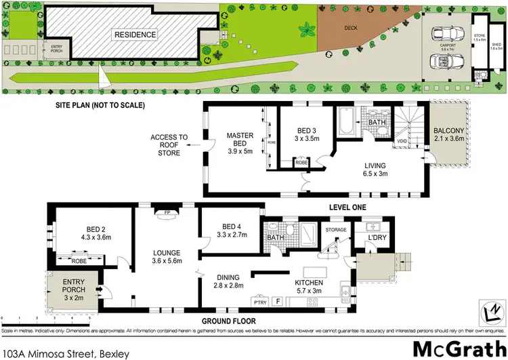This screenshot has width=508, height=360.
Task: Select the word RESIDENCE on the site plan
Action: click(135, 35)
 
